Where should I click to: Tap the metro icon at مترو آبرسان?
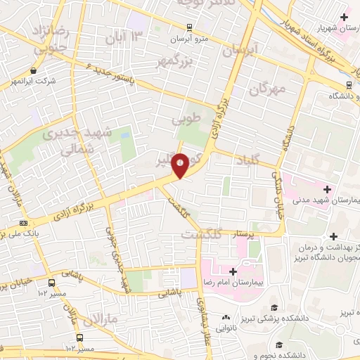click(188, 28)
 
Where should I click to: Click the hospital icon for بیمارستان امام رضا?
click(232, 271)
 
